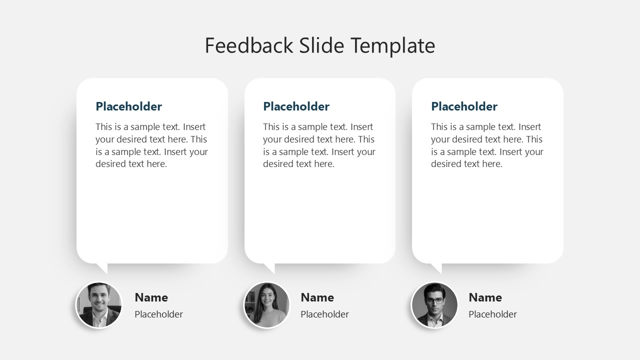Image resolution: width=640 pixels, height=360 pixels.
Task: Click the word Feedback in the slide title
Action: [x=248, y=45]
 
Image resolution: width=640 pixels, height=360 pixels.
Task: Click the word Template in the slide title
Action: [x=392, y=45]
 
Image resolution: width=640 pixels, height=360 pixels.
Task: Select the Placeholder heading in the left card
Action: [x=129, y=106]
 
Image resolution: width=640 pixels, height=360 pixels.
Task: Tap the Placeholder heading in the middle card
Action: [x=296, y=106]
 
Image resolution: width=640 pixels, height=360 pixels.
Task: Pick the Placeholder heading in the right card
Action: [x=464, y=106]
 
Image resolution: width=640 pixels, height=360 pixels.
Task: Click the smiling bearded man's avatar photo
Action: [x=99, y=305]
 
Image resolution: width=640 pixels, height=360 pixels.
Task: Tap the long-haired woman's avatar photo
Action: [x=266, y=305]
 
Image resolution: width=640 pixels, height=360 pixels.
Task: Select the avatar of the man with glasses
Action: [x=434, y=305]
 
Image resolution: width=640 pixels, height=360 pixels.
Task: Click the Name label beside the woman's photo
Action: [x=317, y=297]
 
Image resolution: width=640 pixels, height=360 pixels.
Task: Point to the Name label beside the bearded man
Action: [x=151, y=297]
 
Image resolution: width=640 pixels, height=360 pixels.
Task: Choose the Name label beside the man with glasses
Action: [x=485, y=297]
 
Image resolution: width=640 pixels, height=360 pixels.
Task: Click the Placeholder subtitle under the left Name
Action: [x=159, y=314]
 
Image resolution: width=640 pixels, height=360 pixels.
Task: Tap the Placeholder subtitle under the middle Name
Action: [x=325, y=314]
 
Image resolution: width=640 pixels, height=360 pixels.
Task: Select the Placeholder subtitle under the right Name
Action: [x=493, y=314]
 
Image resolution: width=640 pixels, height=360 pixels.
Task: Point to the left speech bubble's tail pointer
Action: [x=102, y=267]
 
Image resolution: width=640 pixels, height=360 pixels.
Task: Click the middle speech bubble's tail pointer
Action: [x=270, y=267]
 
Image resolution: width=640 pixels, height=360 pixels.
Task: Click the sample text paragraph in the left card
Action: [x=151, y=145]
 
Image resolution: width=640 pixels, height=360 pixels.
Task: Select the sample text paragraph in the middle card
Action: [x=319, y=145]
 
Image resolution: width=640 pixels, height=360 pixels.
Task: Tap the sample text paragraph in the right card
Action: [x=487, y=145]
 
